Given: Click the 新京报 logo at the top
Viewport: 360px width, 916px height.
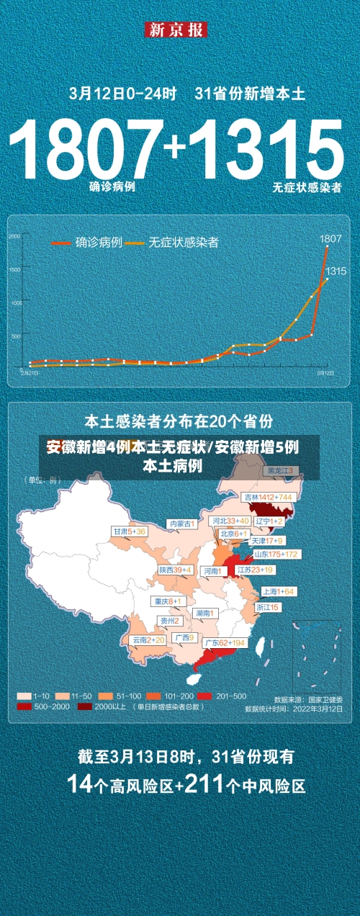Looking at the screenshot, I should [x=176, y=30].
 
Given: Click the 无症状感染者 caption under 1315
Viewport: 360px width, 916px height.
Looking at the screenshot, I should [x=307, y=187].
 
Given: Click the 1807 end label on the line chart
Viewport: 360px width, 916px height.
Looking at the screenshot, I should [x=330, y=238].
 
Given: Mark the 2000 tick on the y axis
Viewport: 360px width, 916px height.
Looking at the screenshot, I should [x=15, y=236].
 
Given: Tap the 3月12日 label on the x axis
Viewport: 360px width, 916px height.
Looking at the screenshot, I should [x=325, y=373].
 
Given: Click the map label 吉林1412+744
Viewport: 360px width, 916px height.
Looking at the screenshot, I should [x=267, y=497].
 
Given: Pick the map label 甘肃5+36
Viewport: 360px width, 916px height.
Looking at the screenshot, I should [x=129, y=531].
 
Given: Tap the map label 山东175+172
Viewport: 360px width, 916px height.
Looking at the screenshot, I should [x=276, y=554].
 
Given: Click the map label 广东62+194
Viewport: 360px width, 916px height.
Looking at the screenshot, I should [x=223, y=642].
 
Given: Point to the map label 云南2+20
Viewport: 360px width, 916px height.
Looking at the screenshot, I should [x=148, y=639].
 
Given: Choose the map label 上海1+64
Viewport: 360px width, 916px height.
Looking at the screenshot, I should [x=279, y=591].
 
